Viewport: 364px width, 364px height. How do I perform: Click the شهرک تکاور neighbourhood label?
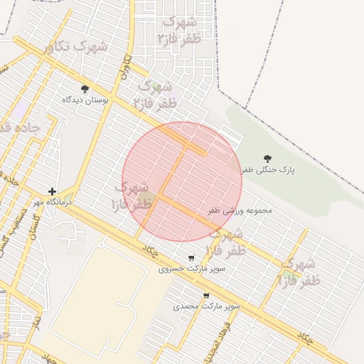(x=75, y=48)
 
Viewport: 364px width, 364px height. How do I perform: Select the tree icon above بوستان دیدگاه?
(x=85, y=89)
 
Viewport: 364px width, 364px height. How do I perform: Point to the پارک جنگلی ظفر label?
(x=267, y=171)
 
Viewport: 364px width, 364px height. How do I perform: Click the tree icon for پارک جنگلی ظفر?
(x=267, y=159)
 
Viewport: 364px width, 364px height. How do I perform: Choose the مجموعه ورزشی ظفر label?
(x=240, y=211)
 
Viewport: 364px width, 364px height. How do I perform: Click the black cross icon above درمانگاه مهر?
(x=52, y=191)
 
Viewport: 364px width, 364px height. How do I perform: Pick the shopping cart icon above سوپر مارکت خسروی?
(x=191, y=258)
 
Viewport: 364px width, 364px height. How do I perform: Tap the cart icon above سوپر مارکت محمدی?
(x=206, y=296)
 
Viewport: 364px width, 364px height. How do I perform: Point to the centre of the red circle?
(x=182, y=181)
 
